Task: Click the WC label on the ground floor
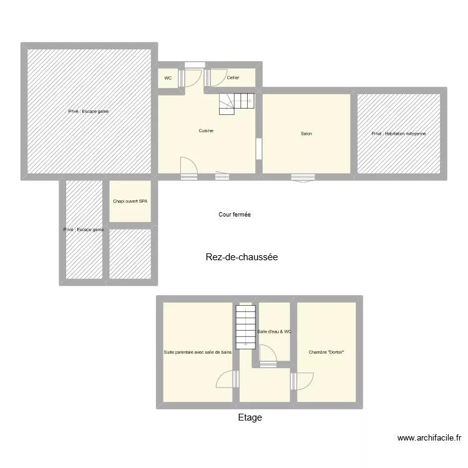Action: (x=168, y=78)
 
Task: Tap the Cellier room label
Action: (x=233, y=78)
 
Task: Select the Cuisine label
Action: (x=207, y=130)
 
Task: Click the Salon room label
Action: (x=306, y=134)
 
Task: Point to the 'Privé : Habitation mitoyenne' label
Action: (x=399, y=134)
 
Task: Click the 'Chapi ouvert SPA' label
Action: (x=130, y=202)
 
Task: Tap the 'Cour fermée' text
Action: (x=235, y=215)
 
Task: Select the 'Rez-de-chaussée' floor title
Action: (x=241, y=256)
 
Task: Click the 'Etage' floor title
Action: (x=250, y=417)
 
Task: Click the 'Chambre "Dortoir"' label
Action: (x=327, y=353)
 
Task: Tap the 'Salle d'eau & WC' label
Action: (x=275, y=331)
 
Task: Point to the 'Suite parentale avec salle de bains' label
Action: (x=198, y=353)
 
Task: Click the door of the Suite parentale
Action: (x=225, y=379)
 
